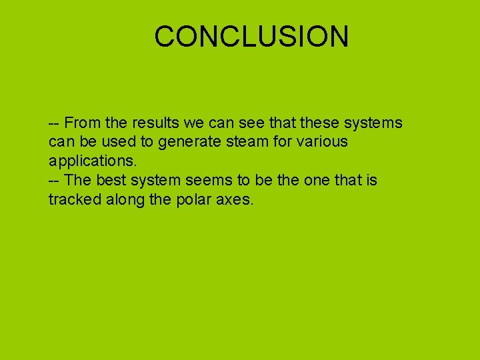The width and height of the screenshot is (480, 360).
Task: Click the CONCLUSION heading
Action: (251, 36)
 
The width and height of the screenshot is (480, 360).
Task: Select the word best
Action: (109, 181)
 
